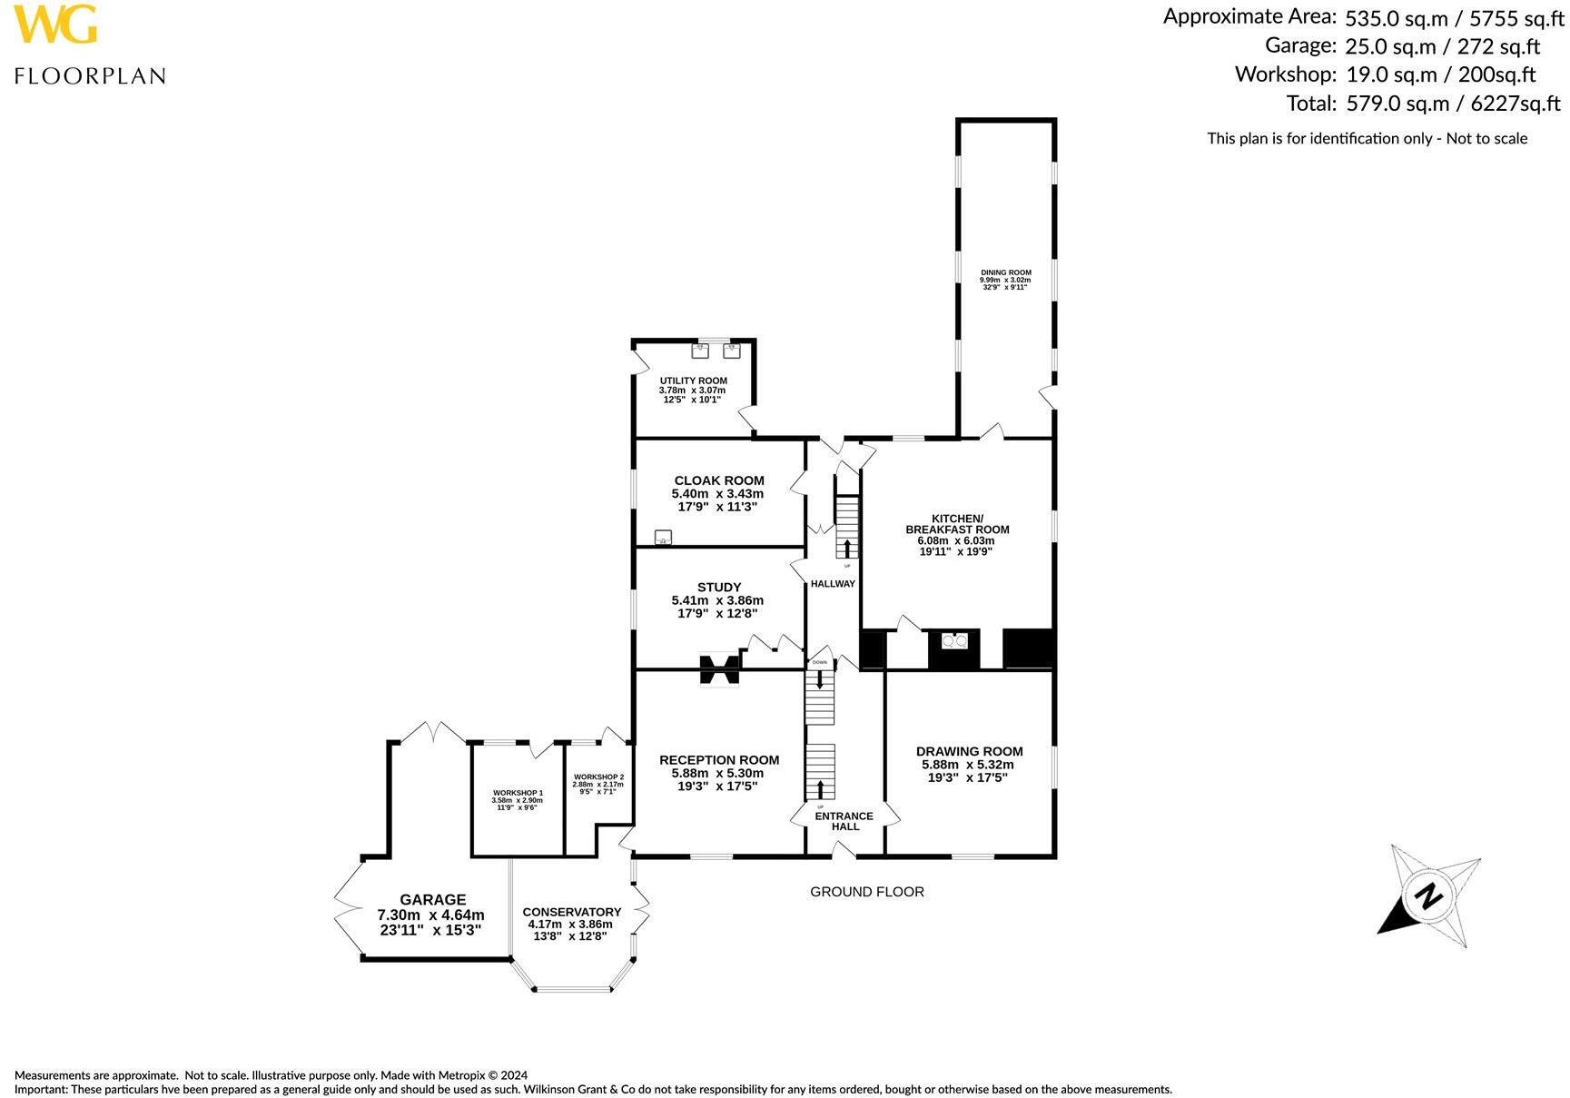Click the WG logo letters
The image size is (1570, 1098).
(55, 25)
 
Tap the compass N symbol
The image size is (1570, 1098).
(1428, 896)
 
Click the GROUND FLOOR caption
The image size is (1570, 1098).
(866, 892)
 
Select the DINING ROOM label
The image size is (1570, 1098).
(1005, 272)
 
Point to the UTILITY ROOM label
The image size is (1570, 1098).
(693, 381)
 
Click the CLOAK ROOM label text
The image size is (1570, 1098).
(718, 480)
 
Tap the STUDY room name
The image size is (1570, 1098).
(718, 587)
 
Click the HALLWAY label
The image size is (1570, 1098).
(832, 584)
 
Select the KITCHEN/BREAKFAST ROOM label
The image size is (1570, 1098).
(957, 524)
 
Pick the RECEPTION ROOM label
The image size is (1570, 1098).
(718, 760)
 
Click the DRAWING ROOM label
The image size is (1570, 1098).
(969, 751)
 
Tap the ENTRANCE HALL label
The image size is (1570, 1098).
(844, 821)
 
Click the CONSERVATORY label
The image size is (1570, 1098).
(571, 912)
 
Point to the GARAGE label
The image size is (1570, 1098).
(432, 899)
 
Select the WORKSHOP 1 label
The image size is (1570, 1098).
(517, 793)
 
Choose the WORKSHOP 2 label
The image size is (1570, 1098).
(598, 777)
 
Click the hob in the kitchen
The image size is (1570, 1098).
(954, 641)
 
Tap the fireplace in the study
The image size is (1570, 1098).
(719, 670)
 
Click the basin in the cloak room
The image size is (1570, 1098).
(663, 537)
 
